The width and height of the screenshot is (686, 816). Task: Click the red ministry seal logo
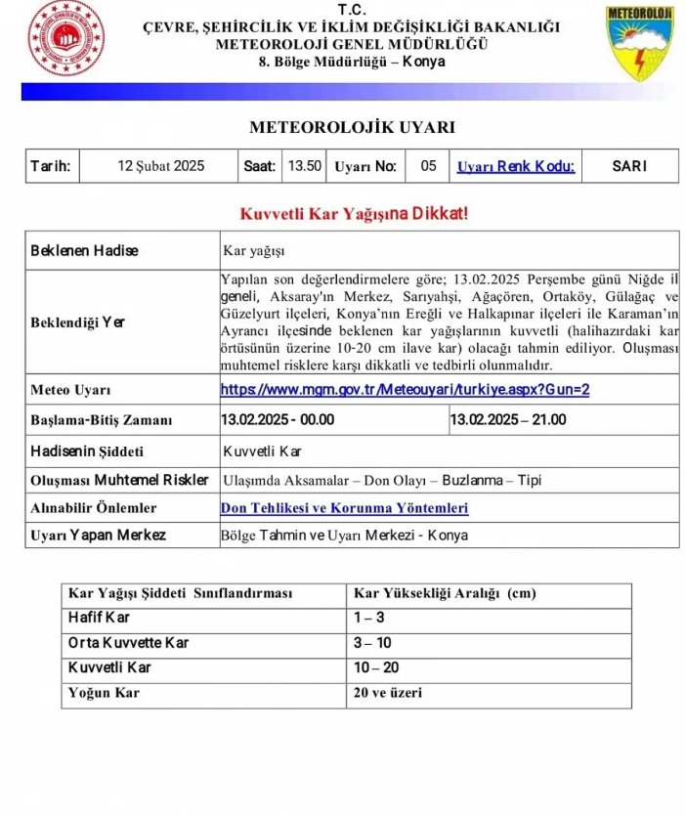[65, 39]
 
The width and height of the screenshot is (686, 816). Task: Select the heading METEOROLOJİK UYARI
[352, 128]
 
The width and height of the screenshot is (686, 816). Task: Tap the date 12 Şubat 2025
[160, 166]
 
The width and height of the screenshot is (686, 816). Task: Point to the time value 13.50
[304, 166]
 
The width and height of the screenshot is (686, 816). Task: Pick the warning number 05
[428, 166]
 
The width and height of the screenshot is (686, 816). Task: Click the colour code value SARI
[629, 166]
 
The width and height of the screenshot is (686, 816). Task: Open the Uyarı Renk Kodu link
[515, 166]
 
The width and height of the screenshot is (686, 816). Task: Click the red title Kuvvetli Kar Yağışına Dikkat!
[354, 213]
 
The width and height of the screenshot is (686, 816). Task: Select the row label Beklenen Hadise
[85, 250]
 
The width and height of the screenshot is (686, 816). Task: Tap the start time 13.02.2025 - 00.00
[279, 420]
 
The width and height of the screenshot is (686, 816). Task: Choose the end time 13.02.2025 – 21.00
[507, 420]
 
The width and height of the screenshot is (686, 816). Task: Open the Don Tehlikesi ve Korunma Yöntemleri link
[344, 508]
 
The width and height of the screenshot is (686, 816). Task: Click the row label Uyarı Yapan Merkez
[99, 536]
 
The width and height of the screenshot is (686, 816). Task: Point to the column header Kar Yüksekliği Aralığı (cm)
[445, 593]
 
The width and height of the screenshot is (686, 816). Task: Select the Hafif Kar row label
[99, 618]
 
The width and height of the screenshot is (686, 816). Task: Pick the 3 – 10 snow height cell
[372, 643]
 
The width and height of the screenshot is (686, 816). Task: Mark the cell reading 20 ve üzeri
[388, 694]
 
